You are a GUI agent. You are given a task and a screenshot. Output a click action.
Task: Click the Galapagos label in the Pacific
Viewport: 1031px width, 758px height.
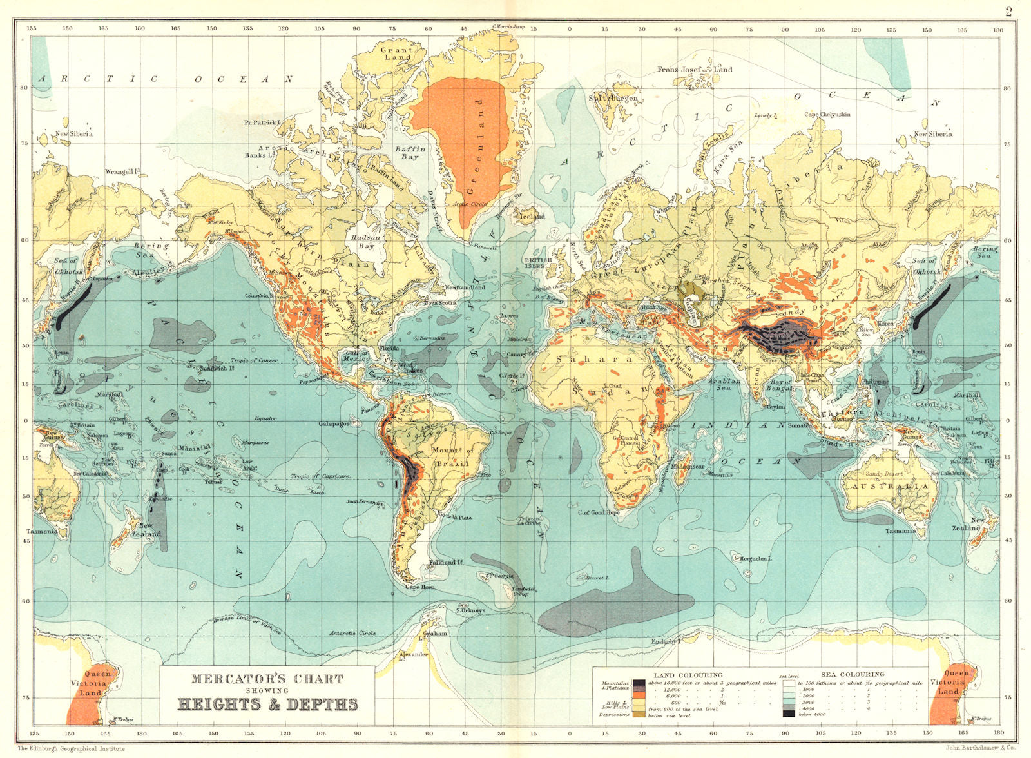[x=334, y=424]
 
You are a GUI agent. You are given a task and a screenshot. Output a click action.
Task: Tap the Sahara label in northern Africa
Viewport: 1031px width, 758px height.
[x=590, y=359]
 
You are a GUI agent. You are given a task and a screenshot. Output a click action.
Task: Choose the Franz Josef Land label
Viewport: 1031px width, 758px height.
[x=694, y=70]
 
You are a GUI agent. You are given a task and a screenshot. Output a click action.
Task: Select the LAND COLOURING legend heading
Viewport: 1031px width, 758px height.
[x=688, y=675]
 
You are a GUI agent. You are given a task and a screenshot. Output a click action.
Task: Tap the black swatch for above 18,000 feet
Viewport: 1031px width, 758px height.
[x=639, y=683]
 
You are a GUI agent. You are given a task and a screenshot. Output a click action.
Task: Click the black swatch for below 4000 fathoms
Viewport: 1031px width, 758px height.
[x=789, y=714]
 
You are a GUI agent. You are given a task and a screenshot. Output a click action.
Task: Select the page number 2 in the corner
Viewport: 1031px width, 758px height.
[x=1008, y=10]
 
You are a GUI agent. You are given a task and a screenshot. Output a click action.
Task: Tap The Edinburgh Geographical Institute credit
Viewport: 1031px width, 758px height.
[x=71, y=748]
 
